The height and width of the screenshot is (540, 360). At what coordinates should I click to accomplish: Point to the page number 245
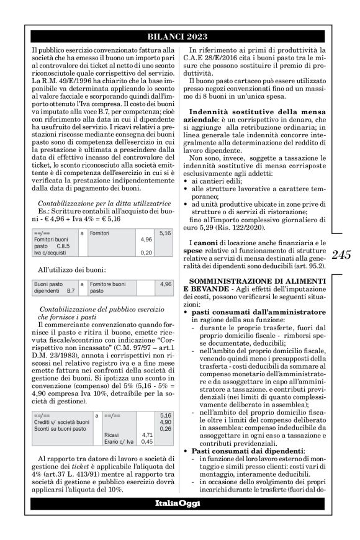341,254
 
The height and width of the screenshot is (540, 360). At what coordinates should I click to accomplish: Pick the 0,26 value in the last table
166,411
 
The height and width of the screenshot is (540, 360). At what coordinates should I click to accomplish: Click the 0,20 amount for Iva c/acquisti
146,253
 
